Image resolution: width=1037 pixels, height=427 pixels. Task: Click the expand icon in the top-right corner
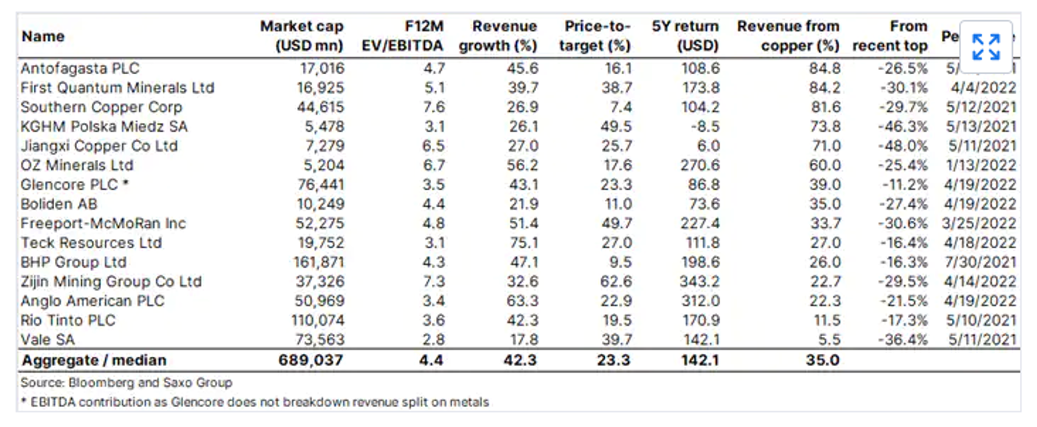pos(986,47)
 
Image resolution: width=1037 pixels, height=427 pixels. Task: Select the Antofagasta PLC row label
pos(80,69)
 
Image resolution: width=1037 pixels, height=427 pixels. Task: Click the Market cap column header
pos(302,35)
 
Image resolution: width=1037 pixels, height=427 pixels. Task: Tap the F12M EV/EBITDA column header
pos(403,35)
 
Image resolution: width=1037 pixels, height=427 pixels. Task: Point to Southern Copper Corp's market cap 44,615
pos(320,107)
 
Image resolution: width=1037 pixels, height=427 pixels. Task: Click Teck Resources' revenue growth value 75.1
pos(523,243)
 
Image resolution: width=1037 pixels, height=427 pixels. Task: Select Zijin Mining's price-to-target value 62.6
pos(616,282)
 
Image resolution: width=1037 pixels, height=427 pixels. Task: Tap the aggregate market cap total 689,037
pos(311,361)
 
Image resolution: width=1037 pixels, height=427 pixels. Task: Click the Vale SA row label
pos(48,340)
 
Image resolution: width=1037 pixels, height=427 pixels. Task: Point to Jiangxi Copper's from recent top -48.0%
pos(903,146)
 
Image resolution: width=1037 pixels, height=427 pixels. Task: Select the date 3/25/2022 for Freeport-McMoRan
pos(979,224)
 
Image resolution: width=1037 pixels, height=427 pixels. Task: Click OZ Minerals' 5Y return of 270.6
pos(700,166)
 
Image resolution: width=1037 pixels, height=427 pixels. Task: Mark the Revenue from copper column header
pos(788,35)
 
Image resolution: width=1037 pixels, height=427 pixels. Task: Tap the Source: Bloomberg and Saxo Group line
pos(126,383)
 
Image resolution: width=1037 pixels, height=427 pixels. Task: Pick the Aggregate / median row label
pos(94,361)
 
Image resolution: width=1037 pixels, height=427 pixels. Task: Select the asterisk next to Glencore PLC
pos(126,184)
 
